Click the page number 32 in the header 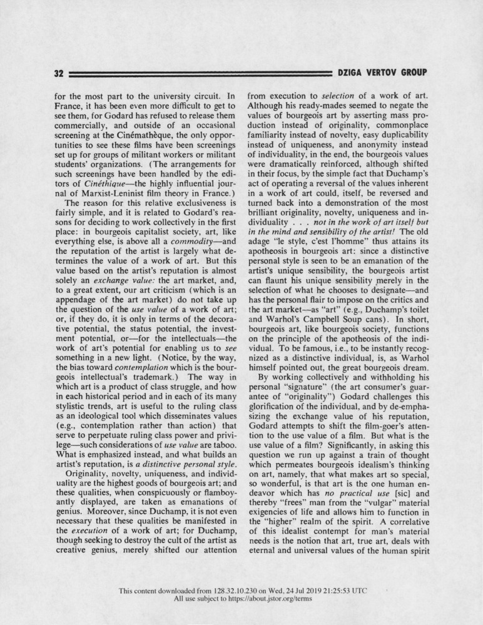point(59,73)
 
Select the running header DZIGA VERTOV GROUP point(382,73)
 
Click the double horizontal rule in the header point(200,73)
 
